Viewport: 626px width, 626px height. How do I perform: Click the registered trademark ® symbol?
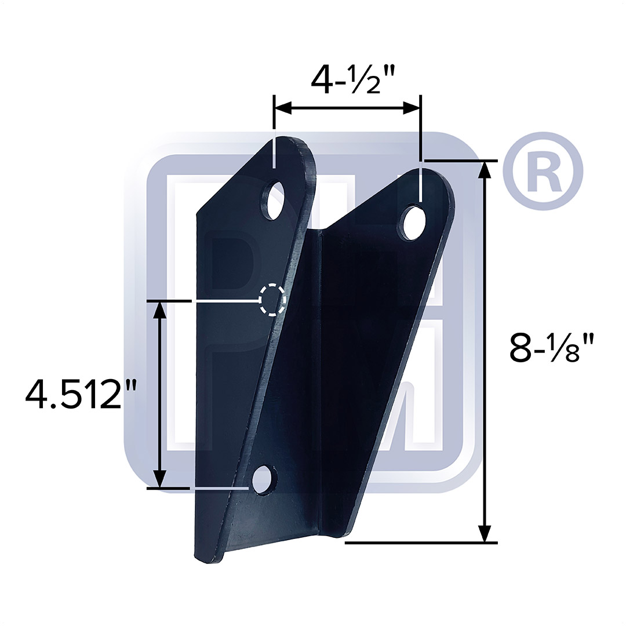543,172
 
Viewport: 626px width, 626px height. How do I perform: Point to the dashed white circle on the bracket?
272,299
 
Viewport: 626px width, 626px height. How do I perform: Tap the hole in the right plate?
414,221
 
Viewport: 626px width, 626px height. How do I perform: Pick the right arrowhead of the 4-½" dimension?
412,107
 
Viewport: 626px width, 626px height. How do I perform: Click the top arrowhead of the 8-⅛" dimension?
485,169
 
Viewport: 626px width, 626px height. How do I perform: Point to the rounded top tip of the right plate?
436,173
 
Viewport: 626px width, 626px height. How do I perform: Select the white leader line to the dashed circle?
226,301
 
